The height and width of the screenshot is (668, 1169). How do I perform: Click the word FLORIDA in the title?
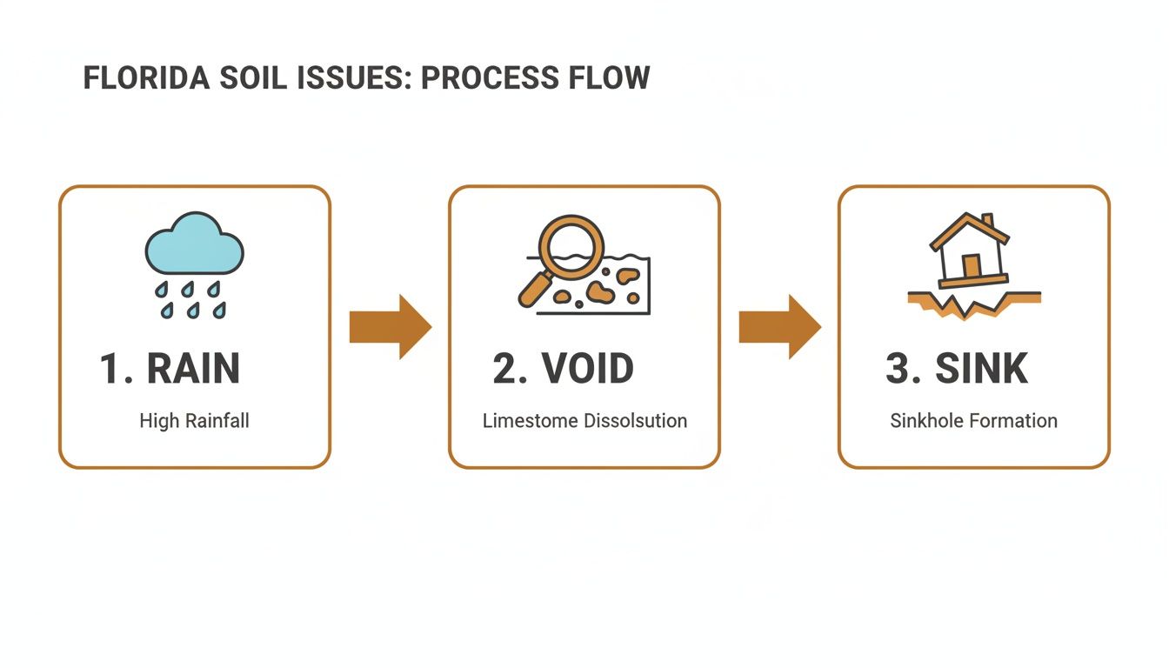coord(146,78)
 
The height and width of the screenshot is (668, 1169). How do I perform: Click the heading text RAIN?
coord(193,369)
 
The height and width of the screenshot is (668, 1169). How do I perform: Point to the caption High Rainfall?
coord(194,421)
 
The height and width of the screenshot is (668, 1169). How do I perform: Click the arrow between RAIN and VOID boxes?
coord(390,326)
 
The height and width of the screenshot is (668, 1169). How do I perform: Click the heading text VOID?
coord(588,369)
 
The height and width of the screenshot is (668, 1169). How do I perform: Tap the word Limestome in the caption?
coord(531,421)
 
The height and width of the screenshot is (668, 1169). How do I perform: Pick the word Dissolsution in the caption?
coord(636,421)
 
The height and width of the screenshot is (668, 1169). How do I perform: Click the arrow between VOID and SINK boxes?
coord(779,326)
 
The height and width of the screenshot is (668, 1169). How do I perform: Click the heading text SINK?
coord(981,369)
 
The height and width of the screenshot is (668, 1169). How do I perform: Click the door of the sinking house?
coord(971,265)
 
